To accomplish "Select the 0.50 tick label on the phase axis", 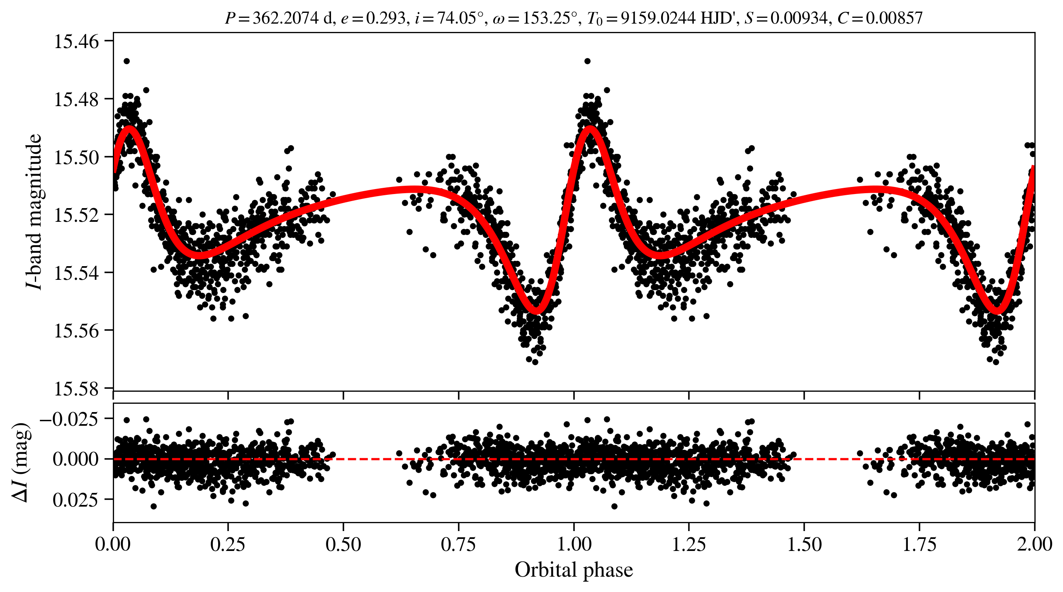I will (343, 544).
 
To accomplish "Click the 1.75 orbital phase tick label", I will (919, 544).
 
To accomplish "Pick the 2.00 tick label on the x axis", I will (1034, 544).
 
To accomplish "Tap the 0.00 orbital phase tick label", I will (113, 544).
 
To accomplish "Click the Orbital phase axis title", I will (574, 570).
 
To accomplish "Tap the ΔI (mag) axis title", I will (21, 462).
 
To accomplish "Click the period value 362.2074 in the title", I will (286, 18).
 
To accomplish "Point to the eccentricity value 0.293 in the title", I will (385, 18).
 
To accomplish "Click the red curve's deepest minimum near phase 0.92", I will (536, 310).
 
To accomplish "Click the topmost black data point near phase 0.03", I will (126, 61).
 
